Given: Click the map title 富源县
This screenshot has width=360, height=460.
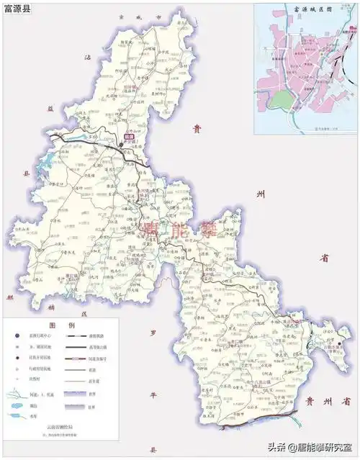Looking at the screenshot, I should tap(18, 9).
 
